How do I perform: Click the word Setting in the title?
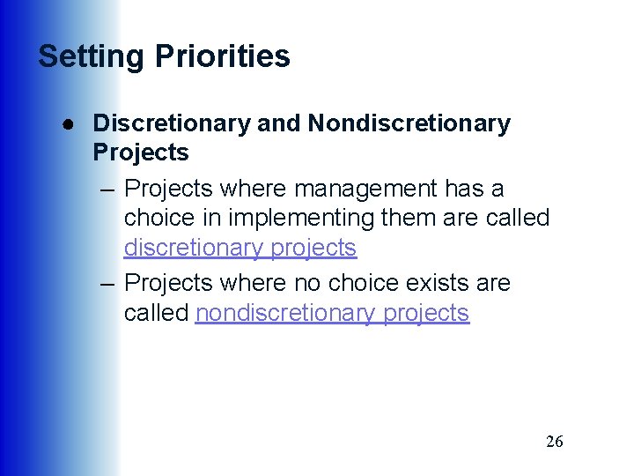[92, 56]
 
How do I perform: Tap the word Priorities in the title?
[223, 56]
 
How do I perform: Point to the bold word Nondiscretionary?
[409, 123]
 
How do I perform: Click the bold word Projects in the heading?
[140, 152]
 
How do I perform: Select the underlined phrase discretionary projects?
[240, 248]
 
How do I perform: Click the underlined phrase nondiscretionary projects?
[332, 313]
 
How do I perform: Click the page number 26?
[554, 442]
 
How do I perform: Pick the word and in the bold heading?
[279, 123]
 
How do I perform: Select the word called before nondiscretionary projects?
[157, 313]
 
